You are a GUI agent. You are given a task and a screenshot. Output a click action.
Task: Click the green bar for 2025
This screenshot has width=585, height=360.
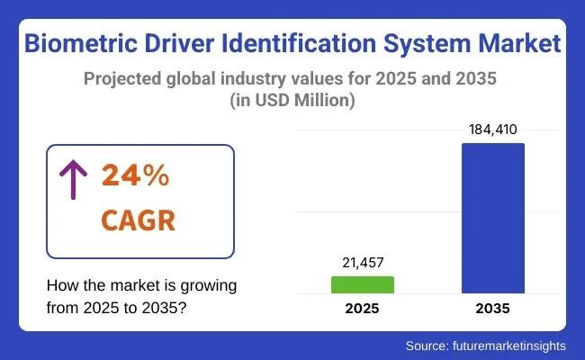point(363,284)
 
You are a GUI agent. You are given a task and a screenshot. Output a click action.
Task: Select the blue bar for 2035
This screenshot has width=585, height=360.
point(492,218)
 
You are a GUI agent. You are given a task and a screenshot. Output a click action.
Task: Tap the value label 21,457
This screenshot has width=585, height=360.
point(363,262)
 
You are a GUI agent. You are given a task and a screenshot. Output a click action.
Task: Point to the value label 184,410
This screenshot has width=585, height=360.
point(492,130)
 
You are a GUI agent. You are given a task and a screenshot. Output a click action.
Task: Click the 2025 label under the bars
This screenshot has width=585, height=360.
point(363,309)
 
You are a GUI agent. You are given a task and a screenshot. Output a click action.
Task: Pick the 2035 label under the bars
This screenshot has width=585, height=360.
point(492,309)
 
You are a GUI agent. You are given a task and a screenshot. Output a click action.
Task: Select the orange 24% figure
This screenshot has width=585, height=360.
point(135,177)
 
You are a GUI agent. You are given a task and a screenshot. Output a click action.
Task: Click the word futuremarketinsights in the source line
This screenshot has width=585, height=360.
point(509,345)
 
